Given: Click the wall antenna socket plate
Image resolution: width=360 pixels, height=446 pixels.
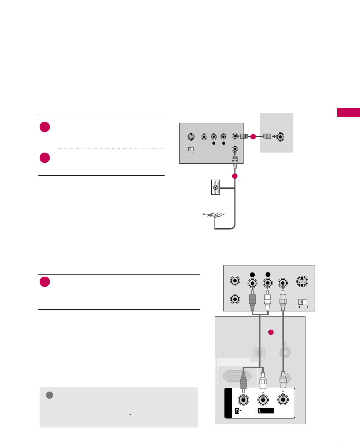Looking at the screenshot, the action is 215,187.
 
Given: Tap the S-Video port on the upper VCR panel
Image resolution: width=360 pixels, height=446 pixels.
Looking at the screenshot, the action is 191,137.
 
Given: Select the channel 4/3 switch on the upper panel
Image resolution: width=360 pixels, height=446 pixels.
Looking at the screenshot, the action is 191,149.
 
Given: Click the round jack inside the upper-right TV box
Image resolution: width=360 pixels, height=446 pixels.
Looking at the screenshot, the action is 280,137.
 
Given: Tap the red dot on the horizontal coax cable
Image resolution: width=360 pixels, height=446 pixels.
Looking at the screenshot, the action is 253,137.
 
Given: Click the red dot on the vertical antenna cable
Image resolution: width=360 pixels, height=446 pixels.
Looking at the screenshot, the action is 235,176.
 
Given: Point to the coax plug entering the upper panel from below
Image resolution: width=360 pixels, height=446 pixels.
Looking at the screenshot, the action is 235,162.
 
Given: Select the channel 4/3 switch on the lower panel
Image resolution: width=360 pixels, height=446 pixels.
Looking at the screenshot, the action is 303,302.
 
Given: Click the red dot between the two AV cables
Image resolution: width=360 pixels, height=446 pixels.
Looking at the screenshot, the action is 271,332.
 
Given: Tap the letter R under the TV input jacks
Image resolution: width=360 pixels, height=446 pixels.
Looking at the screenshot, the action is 237,411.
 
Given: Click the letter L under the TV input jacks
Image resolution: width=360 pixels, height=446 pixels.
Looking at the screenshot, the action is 260,411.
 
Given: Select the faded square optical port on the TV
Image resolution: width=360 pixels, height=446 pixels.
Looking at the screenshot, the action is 259,353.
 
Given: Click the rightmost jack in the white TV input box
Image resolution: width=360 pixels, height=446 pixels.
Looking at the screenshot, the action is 283,399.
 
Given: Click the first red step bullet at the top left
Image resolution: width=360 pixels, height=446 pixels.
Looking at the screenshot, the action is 45,127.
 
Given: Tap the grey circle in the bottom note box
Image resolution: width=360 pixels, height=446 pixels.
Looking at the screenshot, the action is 50,395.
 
